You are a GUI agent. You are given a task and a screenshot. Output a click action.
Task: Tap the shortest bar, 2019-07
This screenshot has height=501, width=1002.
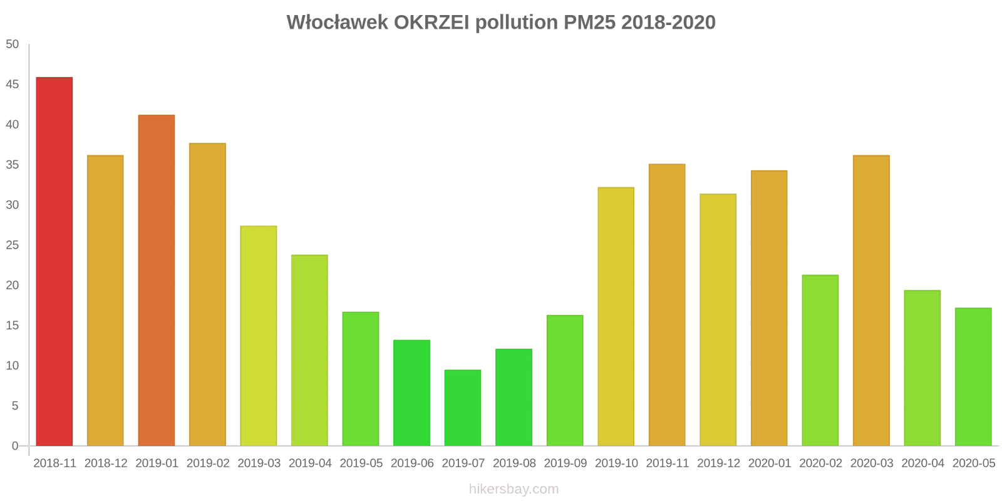click(463, 408)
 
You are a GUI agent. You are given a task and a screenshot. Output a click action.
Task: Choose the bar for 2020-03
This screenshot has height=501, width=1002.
click(871, 301)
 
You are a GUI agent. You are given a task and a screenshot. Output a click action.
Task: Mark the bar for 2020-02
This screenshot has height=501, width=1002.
click(820, 361)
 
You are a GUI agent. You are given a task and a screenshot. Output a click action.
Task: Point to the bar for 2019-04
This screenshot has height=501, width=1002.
click(309, 351)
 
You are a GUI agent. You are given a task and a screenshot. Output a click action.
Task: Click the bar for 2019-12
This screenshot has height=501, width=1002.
click(718, 320)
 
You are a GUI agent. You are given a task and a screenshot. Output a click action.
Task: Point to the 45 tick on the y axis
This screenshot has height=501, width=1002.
click(13, 85)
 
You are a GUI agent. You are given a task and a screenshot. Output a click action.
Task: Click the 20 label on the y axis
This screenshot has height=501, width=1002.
click(13, 286)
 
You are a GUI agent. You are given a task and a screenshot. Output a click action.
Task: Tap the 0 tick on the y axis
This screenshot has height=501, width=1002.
click(16, 447)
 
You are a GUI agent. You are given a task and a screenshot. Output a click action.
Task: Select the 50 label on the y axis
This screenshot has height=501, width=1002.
click(13, 44)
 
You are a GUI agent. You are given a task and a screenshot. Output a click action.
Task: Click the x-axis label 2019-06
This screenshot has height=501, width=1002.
click(412, 463)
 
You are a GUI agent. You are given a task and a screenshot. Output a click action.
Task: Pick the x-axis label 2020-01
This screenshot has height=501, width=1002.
click(770, 463)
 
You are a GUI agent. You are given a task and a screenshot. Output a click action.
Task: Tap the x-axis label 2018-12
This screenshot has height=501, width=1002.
click(106, 463)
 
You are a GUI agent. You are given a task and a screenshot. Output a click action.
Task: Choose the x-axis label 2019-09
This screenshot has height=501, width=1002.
click(566, 463)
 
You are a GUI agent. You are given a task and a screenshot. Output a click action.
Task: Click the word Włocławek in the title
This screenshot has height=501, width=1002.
click(337, 23)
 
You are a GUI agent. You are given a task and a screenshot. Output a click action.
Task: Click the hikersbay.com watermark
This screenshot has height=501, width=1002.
click(514, 489)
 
